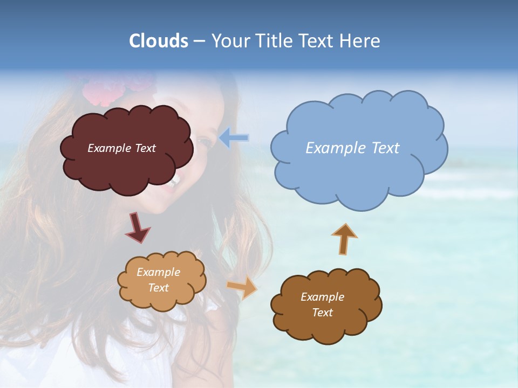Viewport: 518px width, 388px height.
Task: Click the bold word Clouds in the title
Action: [x=158, y=41]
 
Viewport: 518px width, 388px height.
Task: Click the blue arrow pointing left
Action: [x=234, y=138]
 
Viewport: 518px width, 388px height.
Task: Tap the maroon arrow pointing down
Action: [x=138, y=227]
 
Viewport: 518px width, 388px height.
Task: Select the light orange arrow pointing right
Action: [x=242, y=288]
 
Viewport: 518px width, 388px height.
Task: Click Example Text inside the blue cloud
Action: [x=352, y=148]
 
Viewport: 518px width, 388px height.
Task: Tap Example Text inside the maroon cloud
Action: [x=121, y=148]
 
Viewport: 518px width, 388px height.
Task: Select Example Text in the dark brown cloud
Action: [x=322, y=304]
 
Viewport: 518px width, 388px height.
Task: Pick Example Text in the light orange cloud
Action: [x=158, y=280]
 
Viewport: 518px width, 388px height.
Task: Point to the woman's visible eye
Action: [x=204, y=142]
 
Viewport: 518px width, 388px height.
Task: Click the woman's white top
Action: [x=81, y=361]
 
